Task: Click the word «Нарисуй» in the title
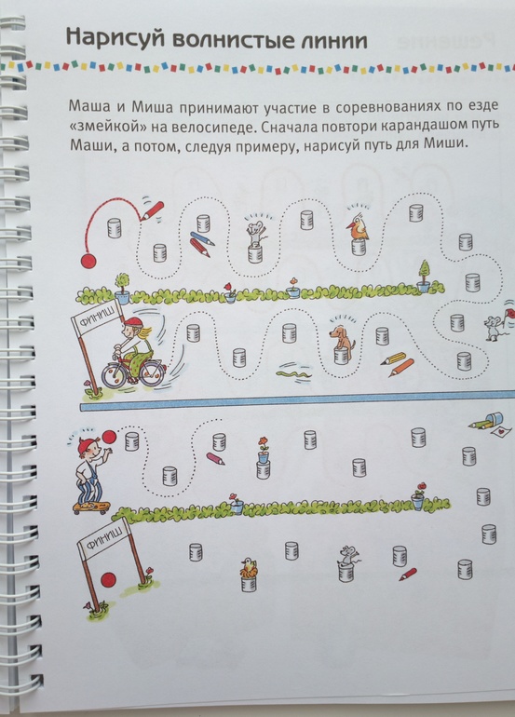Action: (115, 38)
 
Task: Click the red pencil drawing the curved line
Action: (152, 210)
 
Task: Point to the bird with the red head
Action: (359, 227)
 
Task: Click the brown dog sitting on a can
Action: (343, 338)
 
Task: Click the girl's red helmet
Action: (130, 323)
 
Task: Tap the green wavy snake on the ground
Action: (294, 374)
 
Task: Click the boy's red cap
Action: (86, 443)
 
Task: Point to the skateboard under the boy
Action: (92, 507)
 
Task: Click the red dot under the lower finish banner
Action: (108, 579)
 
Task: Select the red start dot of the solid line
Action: (88, 261)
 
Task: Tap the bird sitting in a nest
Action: (249, 568)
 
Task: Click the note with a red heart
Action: (499, 432)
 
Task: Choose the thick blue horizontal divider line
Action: (297, 400)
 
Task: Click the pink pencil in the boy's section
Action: (215, 458)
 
